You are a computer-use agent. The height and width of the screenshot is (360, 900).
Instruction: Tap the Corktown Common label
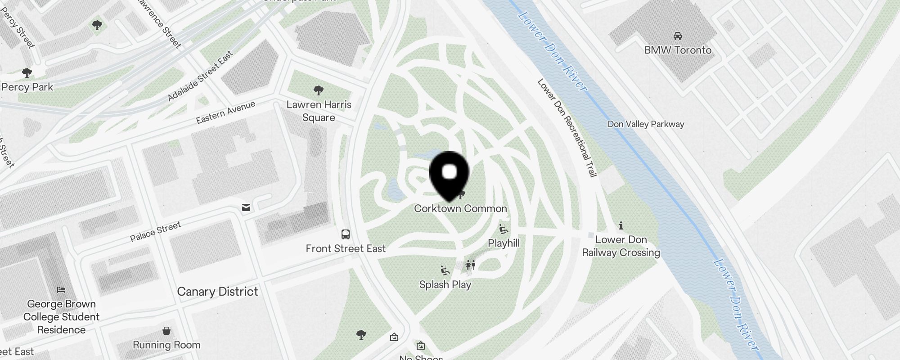[460, 208]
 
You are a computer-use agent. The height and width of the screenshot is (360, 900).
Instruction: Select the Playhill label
[504, 243]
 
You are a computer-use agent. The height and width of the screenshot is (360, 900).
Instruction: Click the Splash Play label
[445, 284]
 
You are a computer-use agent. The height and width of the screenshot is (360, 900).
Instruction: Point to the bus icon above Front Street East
[346, 234]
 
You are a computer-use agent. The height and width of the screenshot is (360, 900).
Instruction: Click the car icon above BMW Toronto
[677, 36]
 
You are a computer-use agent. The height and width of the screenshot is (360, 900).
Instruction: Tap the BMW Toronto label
[678, 50]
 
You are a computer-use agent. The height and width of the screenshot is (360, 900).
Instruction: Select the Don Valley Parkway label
[646, 124]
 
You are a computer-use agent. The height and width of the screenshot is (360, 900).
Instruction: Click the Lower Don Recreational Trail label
[567, 128]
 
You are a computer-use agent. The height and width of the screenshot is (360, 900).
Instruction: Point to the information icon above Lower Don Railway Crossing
[621, 225]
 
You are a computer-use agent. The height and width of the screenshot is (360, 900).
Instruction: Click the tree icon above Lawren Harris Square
[319, 90]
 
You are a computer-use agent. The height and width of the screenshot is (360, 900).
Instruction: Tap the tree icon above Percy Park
[27, 73]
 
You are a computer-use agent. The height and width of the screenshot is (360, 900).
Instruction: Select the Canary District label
[218, 292]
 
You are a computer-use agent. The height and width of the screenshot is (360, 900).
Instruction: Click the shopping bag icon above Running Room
[166, 331]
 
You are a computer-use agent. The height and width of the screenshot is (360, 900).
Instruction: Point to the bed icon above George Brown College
[61, 290]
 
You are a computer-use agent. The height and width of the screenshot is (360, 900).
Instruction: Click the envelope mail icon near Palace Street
[246, 207]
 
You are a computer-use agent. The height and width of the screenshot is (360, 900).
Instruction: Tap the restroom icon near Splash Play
[471, 265]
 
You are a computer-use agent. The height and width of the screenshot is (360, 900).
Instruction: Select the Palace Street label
[155, 231]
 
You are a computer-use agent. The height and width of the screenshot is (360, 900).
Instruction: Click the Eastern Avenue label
[225, 112]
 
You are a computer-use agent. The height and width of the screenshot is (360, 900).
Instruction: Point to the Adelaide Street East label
[200, 76]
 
